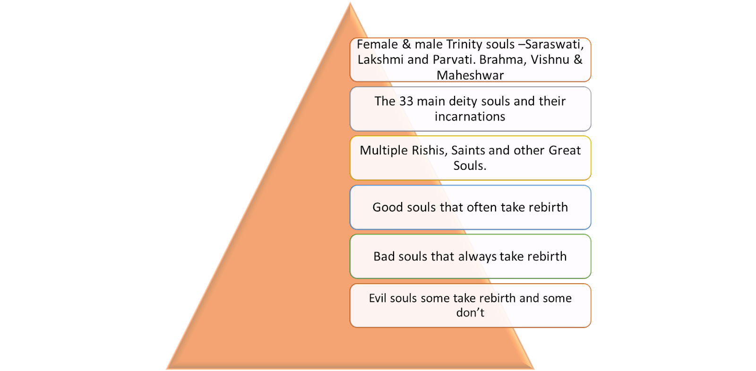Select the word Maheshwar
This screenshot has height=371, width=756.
click(x=470, y=75)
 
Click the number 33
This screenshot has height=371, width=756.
click(x=406, y=101)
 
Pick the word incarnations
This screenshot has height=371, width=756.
click(x=470, y=117)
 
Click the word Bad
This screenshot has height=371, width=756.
click(x=384, y=256)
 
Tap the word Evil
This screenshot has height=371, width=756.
click(x=378, y=298)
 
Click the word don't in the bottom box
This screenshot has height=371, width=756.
click(x=470, y=312)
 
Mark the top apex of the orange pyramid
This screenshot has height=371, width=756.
click(x=350, y=3)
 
